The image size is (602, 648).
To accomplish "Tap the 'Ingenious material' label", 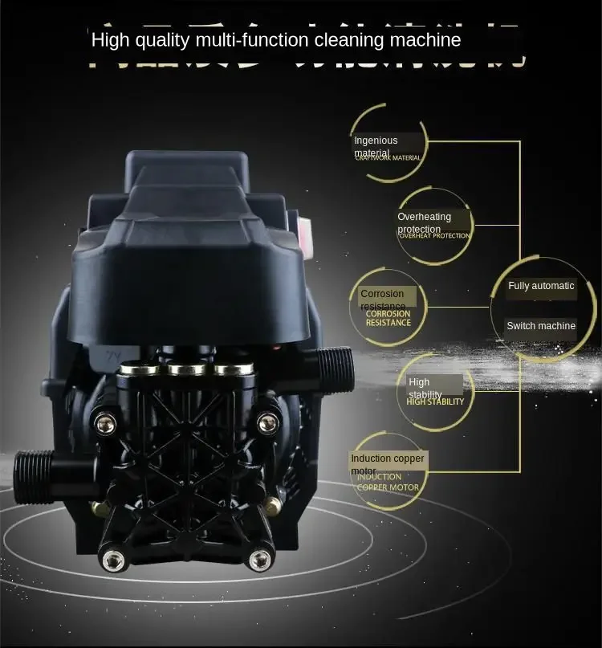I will pyautogui.click(x=376, y=146).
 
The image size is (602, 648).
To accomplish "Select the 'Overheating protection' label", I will pyautogui.click(x=424, y=222).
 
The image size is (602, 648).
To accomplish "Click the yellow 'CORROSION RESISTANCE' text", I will pyautogui.click(x=388, y=318).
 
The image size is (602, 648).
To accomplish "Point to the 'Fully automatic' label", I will pyautogui.click(x=541, y=286).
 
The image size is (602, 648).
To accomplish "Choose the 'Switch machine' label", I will pyautogui.click(x=541, y=326).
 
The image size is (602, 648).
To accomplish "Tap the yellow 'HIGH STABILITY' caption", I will pyautogui.click(x=435, y=401).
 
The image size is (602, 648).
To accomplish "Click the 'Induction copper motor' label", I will pyautogui.click(x=388, y=463).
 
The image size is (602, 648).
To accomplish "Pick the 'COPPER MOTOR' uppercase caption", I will pyautogui.click(x=388, y=487).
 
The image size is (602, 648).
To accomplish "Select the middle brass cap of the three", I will pyautogui.click(x=186, y=369).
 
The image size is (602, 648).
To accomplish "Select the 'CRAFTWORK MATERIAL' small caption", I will pyautogui.click(x=388, y=158).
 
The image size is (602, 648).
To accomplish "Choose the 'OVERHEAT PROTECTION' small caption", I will pyautogui.click(x=434, y=235).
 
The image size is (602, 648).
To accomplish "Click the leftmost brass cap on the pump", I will pyautogui.click(x=141, y=369).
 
